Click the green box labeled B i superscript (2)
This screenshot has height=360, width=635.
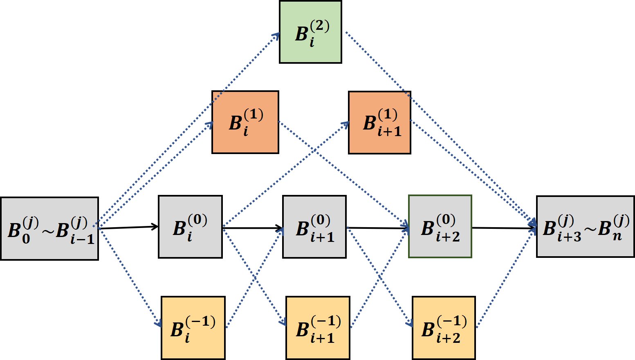pos(310,32)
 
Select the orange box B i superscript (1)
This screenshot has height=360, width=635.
pos(245,122)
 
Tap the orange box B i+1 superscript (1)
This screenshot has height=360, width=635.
pos(379,123)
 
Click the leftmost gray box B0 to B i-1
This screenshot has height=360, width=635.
pos(49,228)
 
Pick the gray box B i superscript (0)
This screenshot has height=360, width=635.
pos(190,227)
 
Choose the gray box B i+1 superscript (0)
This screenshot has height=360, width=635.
pos(314,227)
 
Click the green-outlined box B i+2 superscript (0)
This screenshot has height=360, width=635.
pos(440,226)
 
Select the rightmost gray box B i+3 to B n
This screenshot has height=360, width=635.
pos(585,227)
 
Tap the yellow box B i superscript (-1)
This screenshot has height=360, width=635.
pos(193,328)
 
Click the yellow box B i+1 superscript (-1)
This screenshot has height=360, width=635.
pos(318,328)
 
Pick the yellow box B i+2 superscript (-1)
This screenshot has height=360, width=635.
pos(444,328)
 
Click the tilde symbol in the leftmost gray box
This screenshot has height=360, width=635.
pos(48,231)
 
